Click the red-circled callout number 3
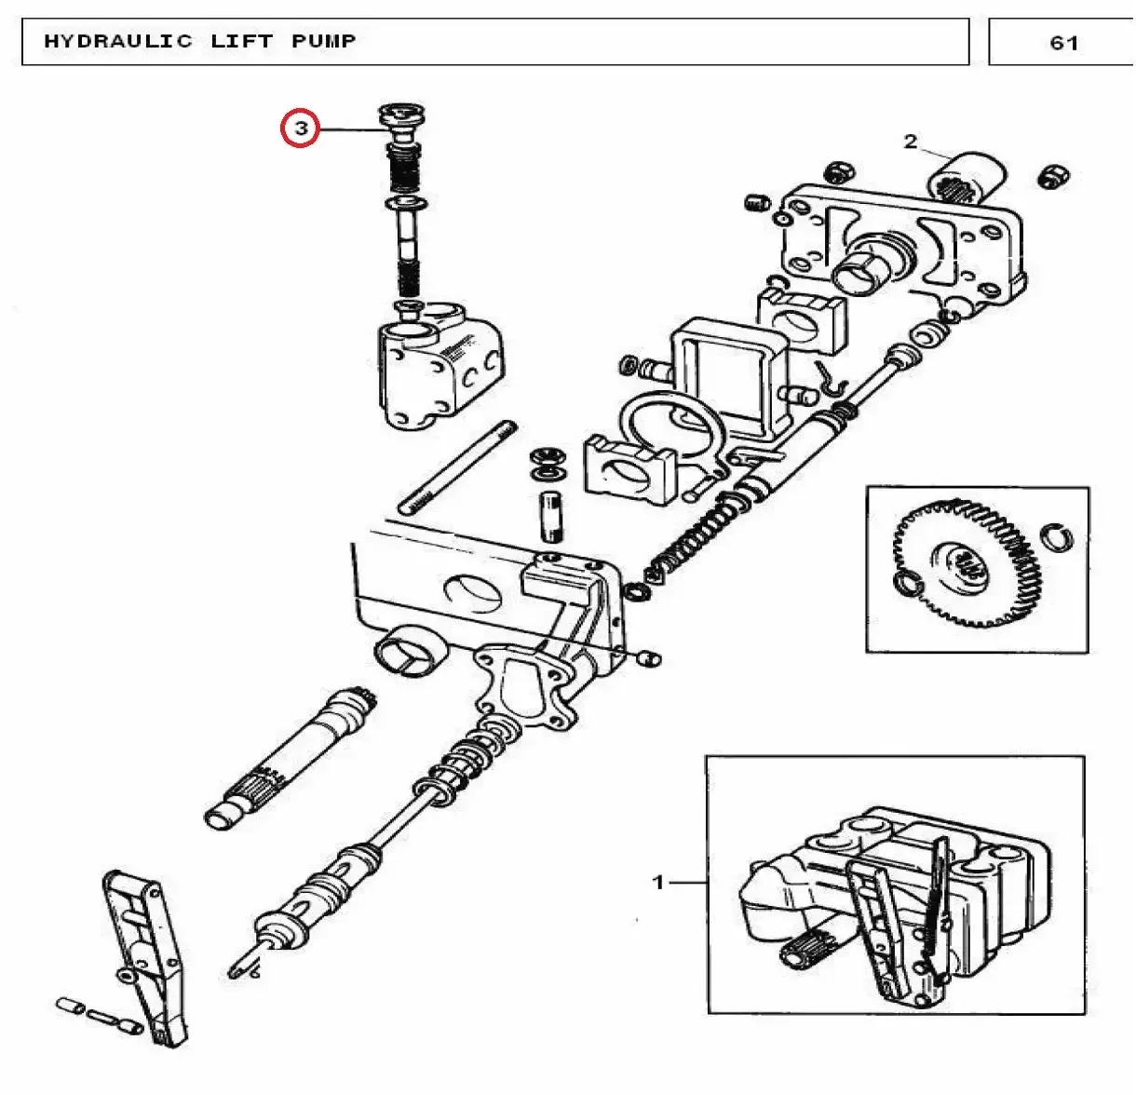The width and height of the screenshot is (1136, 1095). [x=300, y=128]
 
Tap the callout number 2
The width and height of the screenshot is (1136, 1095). [x=910, y=142]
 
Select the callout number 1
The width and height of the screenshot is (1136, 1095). [x=658, y=882]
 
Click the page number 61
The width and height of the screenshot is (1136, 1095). [x=1063, y=43]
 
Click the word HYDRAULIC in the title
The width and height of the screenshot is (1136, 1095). [x=118, y=42]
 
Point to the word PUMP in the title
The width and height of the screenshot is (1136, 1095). [x=323, y=42]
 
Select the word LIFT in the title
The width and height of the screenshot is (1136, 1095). [x=242, y=42]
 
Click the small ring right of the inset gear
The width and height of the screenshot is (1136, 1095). [x=1057, y=537]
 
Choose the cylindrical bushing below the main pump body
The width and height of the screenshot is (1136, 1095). [x=411, y=652]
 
